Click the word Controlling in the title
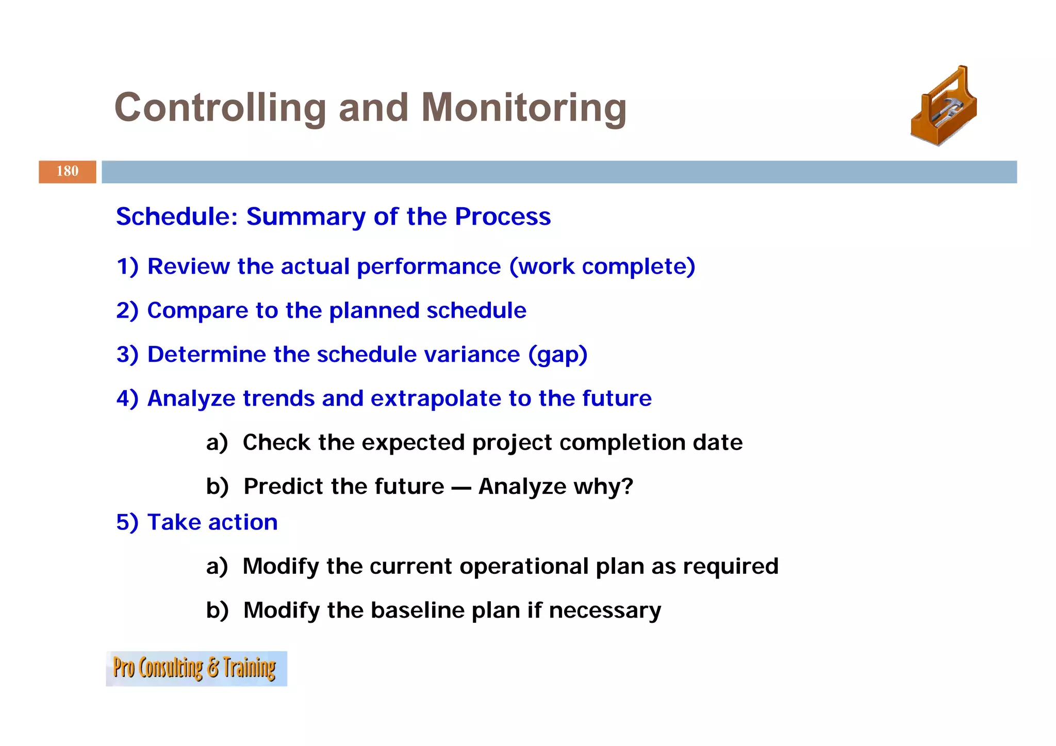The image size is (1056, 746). pyautogui.click(x=220, y=108)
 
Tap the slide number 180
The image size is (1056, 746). pyautogui.click(x=68, y=171)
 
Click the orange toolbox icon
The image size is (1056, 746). pyautogui.click(x=944, y=107)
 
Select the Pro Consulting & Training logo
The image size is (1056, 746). pyautogui.click(x=196, y=668)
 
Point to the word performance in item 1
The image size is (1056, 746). pyautogui.click(x=428, y=267)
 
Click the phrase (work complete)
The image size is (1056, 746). pyautogui.click(x=602, y=267)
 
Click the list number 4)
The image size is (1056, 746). pyautogui.click(x=127, y=399)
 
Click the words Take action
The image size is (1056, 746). pyautogui.click(x=212, y=522)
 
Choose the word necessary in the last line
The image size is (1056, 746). pyautogui.click(x=605, y=610)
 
